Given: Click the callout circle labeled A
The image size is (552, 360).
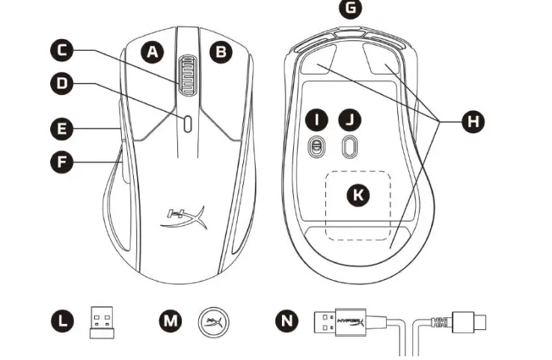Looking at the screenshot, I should point(153,52).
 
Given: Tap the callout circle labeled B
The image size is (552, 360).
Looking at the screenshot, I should point(221,52).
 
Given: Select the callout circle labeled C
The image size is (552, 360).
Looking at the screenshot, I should point(63,50).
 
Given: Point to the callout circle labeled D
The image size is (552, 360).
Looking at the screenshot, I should point(63,84).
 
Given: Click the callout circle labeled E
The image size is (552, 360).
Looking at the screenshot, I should point(63,128).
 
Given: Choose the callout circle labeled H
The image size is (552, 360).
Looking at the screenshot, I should point(471,120).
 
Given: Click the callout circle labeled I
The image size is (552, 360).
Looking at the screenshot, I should point(318,120).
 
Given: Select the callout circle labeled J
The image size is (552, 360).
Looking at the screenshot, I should point(349,120).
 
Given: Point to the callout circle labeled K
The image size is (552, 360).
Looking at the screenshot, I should point(359,195).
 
